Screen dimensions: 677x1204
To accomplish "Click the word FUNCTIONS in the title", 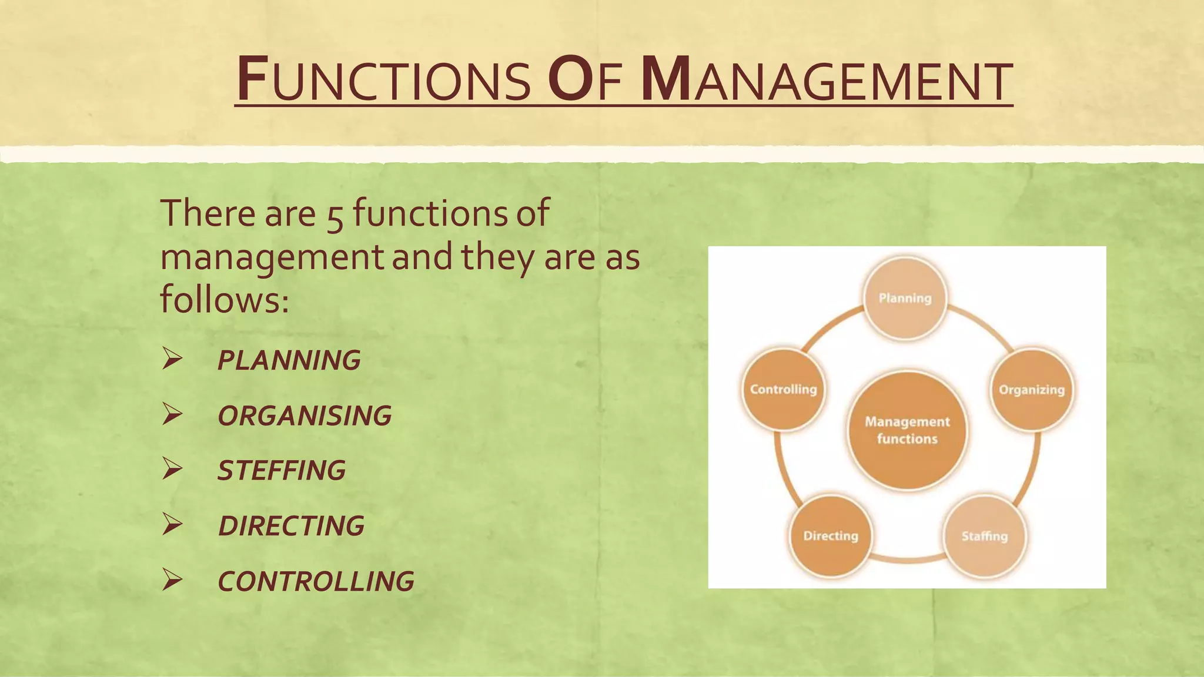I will pyautogui.click(x=384, y=80).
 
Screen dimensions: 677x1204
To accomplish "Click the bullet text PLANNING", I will pyautogui.click(x=289, y=360).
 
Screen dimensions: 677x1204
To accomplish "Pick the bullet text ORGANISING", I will pyautogui.click(x=304, y=415).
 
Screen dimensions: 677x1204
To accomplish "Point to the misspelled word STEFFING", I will pyautogui.click(x=281, y=470).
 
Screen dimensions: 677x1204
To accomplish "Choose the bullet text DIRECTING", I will pyautogui.click(x=291, y=525).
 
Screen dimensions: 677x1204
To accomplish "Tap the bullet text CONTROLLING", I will pyautogui.click(x=316, y=581).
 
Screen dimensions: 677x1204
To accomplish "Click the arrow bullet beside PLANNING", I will pyautogui.click(x=172, y=358).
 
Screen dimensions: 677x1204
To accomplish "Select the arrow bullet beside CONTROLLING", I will pyautogui.click(x=172, y=579).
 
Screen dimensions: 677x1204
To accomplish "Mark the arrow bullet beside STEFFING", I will pyautogui.click(x=172, y=469).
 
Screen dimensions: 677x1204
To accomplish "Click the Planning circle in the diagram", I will pyautogui.click(x=905, y=299).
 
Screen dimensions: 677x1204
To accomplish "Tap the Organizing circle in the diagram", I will pyautogui.click(x=1032, y=390).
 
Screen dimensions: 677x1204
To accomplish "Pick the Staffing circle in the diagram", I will pyautogui.click(x=985, y=536).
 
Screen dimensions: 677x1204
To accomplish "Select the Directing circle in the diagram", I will pyautogui.click(x=830, y=536).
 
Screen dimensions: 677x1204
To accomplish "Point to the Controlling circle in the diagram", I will pyautogui.click(x=783, y=390).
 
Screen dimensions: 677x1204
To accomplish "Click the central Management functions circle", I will pyautogui.click(x=907, y=430).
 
